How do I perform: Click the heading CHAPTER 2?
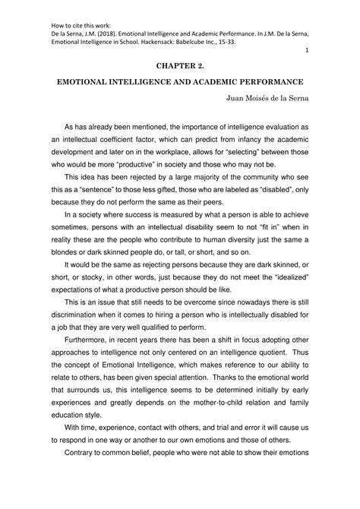179,66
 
